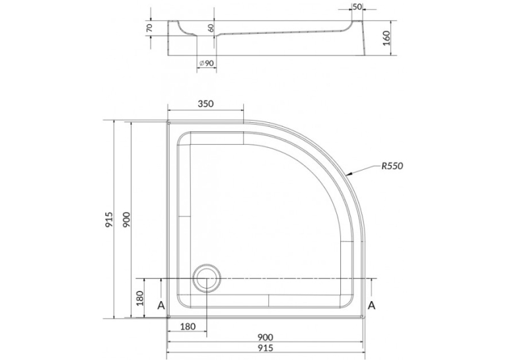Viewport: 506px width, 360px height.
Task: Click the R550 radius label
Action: click(392, 166)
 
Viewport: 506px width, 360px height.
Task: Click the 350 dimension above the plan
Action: click(205, 104)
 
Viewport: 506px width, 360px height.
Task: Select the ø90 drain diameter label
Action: click(207, 63)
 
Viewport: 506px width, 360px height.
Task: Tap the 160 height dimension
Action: click(386, 38)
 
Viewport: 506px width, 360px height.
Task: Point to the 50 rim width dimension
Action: click(357, 7)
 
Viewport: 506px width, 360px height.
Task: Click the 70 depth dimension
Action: click(149, 28)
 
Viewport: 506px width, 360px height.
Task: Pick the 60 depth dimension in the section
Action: click(211, 28)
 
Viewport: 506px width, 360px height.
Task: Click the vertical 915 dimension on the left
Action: click(109, 219)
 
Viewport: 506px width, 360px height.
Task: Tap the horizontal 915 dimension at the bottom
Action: click(266, 348)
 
